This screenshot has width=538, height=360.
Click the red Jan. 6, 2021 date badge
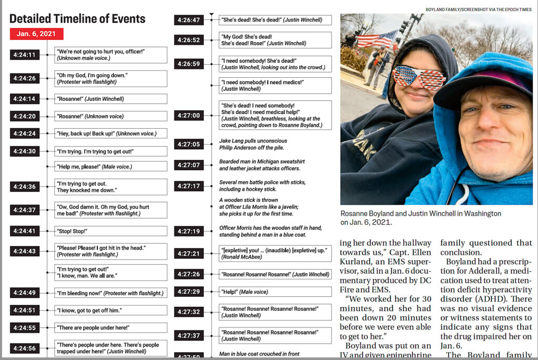click(x=36, y=34)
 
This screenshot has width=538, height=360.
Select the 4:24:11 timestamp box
click(x=25, y=55)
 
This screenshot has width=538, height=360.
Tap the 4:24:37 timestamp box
click(x=25, y=210)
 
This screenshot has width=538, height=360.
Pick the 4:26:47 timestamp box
click(x=189, y=20)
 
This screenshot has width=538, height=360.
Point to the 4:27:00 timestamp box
click(x=189, y=115)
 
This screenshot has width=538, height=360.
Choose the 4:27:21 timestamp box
click(x=189, y=253)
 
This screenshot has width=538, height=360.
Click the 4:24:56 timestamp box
click(x=25, y=348)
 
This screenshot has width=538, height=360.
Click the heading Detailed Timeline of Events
click(x=77, y=18)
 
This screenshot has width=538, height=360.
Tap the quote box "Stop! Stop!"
click(x=111, y=231)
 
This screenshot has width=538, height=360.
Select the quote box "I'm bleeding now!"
click(x=111, y=293)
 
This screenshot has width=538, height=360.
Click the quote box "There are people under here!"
click(x=111, y=327)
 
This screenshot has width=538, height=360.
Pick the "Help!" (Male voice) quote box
click(x=275, y=292)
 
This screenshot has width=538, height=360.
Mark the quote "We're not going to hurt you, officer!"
click(x=111, y=55)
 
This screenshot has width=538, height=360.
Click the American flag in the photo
click(x=376, y=39)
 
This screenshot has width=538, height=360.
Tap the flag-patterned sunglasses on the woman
click(x=419, y=77)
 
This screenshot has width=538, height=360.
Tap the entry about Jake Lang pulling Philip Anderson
click(x=253, y=144)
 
